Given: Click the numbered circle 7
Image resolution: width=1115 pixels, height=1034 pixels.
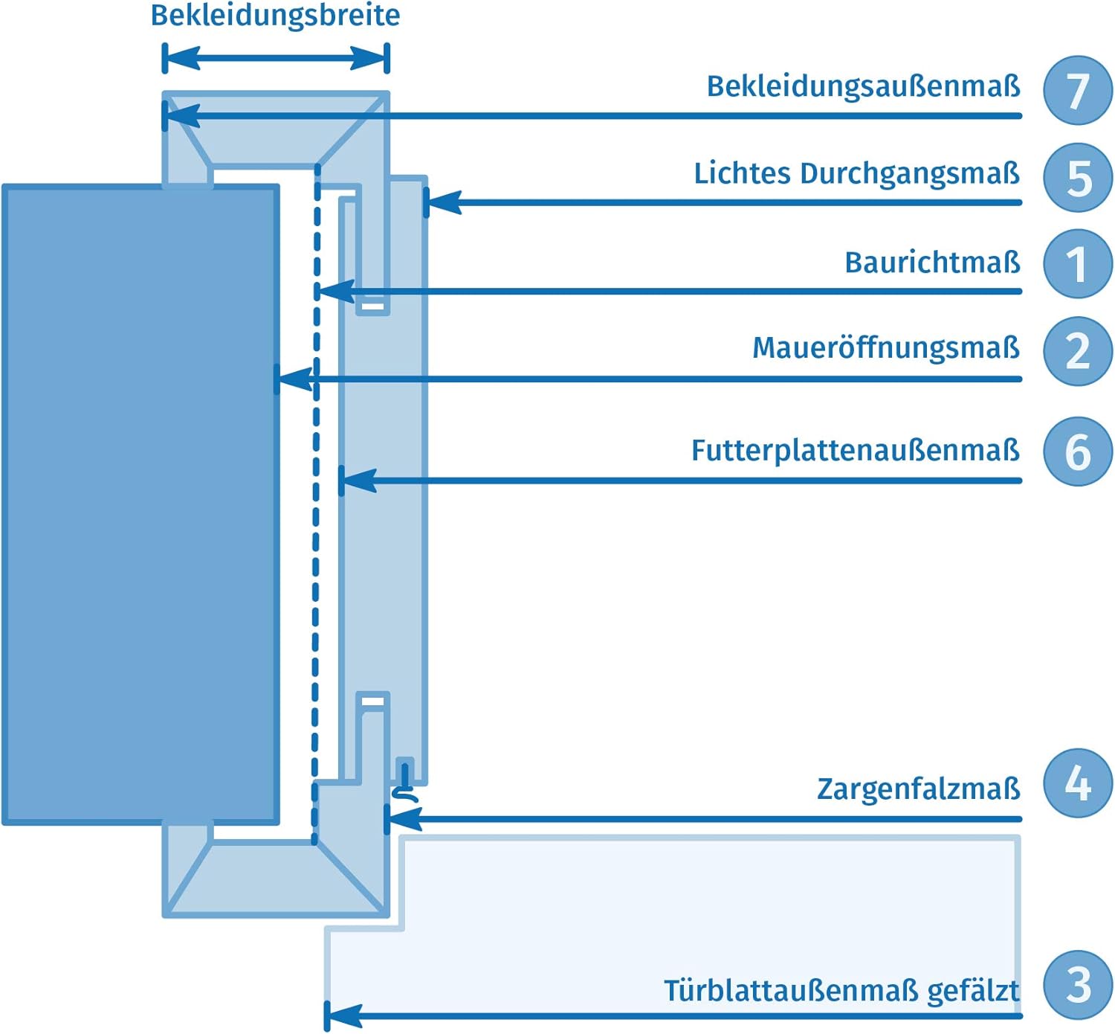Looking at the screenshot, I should click(x=1078, y=90).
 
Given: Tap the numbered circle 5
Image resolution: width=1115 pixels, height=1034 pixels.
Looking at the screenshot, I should click(x=1078, y=178).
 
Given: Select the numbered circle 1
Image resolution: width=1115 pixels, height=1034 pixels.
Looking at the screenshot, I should click(x=1078, y=264).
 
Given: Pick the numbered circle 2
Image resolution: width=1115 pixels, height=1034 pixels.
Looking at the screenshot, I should click(x=1078, y=350).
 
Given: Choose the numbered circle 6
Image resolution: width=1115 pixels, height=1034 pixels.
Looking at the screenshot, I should click(x=1078, y=452).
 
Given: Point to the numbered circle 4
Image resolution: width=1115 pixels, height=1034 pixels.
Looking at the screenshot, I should click(x=1078, y=783).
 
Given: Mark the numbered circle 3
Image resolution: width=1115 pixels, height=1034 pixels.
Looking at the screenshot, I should click(x=1078, y=985).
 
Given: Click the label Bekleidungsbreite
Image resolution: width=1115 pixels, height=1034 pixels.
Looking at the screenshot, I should click(x=275, y=16).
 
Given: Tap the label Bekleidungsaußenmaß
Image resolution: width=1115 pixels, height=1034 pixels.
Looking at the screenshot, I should click(x=863, y=86).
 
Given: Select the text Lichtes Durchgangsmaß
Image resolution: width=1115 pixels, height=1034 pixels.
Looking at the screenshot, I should click(x=856, y=174).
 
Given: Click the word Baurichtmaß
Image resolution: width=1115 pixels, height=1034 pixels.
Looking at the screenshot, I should click(x=932, y=263).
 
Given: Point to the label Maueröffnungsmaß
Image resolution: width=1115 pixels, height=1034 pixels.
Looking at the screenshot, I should click(x=885, y=348).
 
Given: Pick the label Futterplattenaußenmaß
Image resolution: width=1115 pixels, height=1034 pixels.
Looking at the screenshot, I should click(x=855, y=451).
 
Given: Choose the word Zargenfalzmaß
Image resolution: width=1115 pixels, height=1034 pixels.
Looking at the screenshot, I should click(x=918, y=789).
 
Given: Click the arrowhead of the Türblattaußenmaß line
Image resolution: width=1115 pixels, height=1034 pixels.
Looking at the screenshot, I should click(x=343, y=1015).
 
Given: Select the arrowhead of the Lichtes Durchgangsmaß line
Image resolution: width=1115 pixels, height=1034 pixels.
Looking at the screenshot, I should click(x=443, y=202).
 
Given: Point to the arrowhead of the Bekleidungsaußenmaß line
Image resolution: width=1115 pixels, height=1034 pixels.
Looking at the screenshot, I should click(x=182, y=116).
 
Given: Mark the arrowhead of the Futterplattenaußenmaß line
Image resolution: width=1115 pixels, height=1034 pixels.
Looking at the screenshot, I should click(x=358, y=481).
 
